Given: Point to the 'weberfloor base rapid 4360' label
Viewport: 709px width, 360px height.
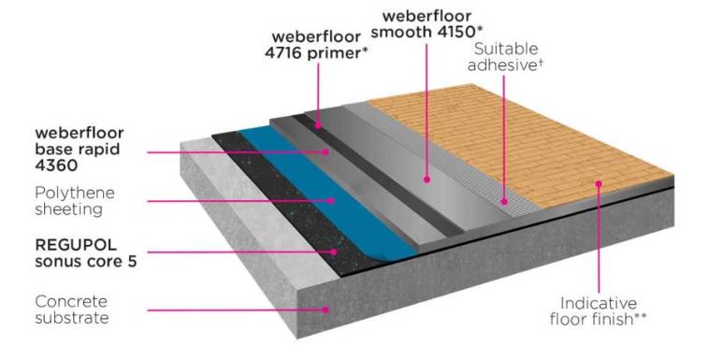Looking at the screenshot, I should [x=79, y=148].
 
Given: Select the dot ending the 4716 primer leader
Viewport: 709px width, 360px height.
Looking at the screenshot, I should [x=318, y=124].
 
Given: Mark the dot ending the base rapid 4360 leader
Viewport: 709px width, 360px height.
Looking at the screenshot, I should [x=326, y=150].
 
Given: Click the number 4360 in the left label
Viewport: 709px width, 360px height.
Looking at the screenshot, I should [x=56, y=165].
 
